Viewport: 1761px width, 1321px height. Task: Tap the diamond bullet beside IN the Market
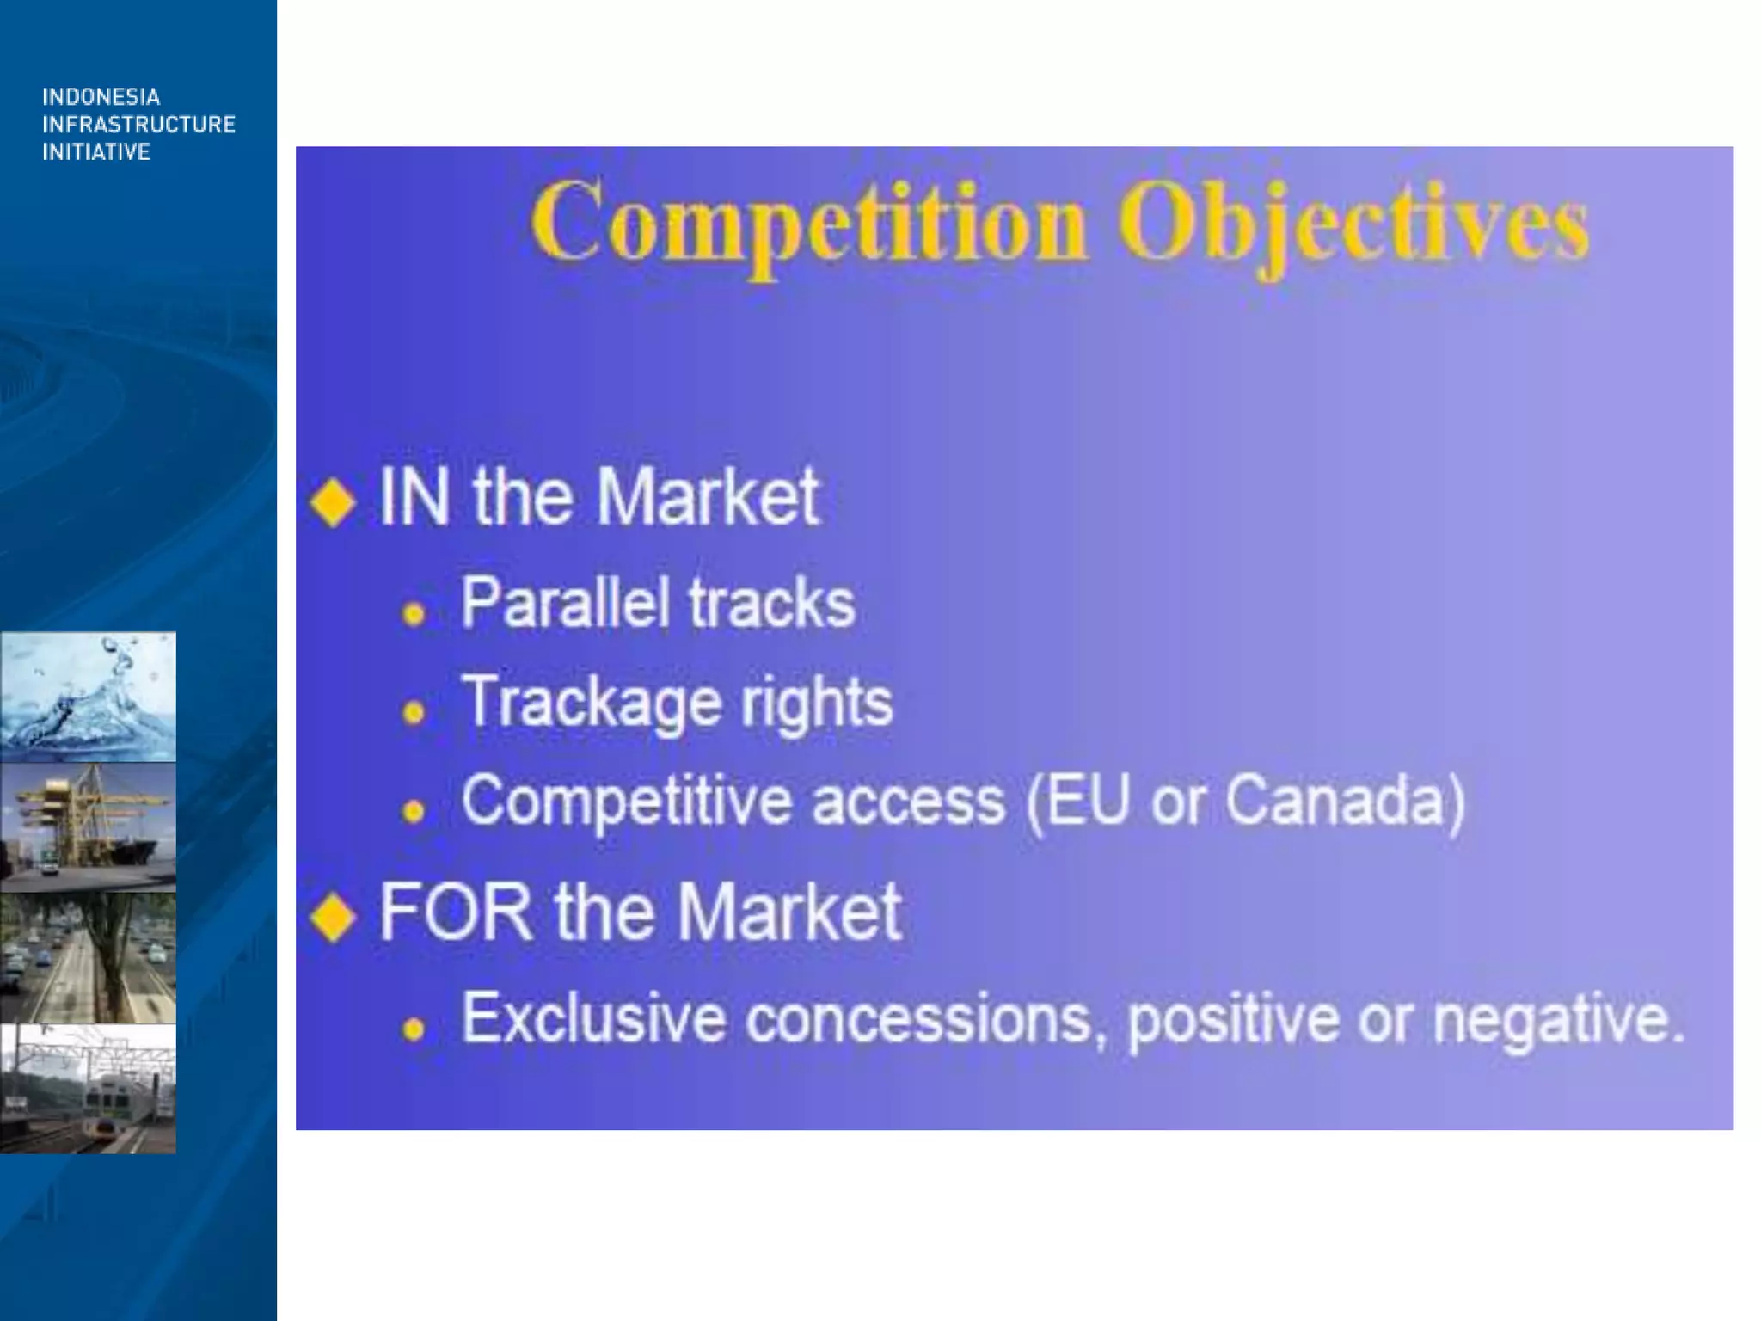[x=333, y=501]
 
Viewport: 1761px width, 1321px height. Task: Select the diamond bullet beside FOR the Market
[x=333, y=917]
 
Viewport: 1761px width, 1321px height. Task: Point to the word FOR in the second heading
[x=456, y=912]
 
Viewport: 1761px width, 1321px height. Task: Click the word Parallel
[x=564, y=602]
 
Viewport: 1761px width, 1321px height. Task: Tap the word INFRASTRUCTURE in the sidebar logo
[x=138, y=125]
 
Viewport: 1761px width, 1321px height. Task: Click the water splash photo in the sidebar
[x=88, y=697]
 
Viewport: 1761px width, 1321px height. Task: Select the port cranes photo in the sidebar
[x=88, y=827]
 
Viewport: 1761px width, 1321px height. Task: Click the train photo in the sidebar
[x=88, y=1089]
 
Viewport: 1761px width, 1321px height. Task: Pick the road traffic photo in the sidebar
[x=88, y=958]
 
